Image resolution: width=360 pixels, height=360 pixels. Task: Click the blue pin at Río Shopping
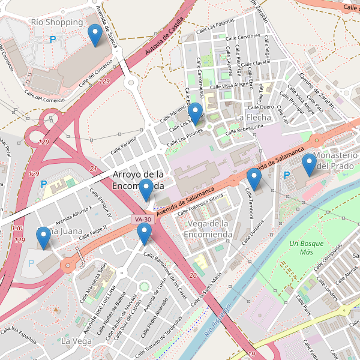coord(95,35)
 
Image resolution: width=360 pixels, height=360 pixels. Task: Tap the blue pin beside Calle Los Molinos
coord(194,113)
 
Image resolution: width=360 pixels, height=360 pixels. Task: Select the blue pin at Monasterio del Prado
coord(309,164)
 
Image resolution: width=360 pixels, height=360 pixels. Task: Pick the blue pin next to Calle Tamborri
coord(254,179)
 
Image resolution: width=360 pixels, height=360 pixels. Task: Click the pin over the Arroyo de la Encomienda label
coord(146,190)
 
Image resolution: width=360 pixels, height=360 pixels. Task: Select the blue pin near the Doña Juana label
coord(43,238)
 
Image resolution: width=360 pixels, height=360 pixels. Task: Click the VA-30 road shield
coord(143,220)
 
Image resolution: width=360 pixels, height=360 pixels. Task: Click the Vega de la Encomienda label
coord(209,229)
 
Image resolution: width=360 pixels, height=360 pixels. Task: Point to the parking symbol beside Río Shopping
coord(53,39)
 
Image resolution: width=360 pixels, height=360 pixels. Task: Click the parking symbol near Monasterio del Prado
coord(287,175)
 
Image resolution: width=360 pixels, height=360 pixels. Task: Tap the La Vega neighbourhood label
coord(76,341)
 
